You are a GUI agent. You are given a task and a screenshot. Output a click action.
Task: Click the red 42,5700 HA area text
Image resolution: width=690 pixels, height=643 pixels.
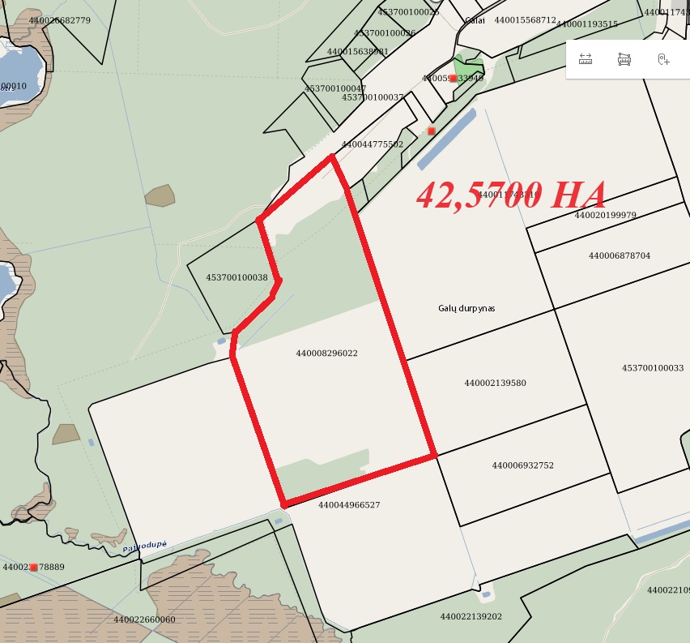511,195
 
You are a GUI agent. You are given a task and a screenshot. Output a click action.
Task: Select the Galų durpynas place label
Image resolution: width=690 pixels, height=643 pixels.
466,309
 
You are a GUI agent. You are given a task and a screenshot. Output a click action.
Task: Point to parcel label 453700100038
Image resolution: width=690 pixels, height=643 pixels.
236,277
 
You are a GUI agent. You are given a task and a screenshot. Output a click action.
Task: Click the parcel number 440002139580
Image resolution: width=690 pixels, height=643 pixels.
495,383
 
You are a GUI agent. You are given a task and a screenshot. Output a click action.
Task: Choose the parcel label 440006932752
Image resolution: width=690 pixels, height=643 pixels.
522,465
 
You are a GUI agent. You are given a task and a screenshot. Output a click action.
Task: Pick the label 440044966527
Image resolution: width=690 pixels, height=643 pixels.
349,505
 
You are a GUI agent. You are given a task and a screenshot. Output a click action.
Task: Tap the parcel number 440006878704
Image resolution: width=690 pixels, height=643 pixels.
620,256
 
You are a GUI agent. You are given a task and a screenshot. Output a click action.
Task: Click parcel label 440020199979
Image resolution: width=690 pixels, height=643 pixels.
606,216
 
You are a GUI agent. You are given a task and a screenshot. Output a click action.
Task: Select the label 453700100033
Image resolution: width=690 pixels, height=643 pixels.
653,368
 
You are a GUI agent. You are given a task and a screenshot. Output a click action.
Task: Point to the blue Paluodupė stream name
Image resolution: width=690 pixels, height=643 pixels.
145,547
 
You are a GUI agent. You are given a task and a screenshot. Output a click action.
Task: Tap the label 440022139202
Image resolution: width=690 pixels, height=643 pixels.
471,617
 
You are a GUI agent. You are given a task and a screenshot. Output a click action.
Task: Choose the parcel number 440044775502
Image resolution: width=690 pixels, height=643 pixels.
372,144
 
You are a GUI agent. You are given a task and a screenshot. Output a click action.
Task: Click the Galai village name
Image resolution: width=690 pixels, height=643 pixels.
475,20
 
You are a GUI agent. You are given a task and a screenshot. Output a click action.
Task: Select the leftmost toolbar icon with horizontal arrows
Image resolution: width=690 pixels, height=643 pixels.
586,59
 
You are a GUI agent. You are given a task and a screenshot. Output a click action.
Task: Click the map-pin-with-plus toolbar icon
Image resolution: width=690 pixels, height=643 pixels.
663,59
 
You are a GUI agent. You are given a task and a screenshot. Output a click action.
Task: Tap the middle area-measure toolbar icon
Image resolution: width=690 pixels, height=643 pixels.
624,59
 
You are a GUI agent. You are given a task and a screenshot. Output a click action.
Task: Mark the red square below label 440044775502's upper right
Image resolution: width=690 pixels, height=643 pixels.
432,131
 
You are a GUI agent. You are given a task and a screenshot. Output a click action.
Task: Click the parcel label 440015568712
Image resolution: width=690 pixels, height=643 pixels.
525,20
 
